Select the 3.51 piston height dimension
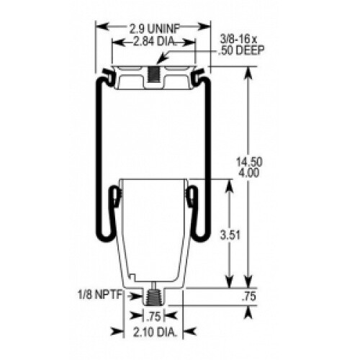coord(230,233)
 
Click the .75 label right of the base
coord(249,294)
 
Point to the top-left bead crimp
coord(108,74)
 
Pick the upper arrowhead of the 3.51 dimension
coord(230,183)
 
